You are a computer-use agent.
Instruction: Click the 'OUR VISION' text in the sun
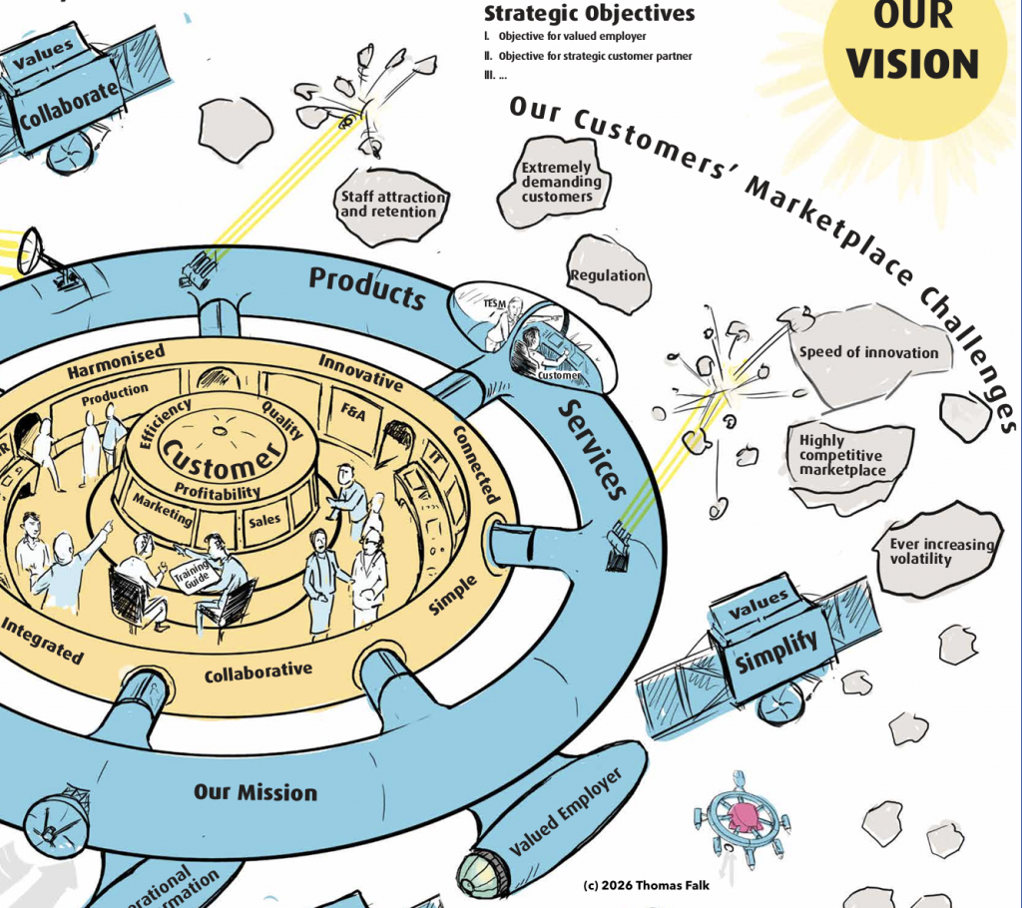pyautogui.click(x=912, y=42)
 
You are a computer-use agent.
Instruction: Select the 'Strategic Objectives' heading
pyautogui.click(x=589, y=14)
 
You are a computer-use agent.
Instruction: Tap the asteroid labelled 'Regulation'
pyautogui.click(x=608, y=275)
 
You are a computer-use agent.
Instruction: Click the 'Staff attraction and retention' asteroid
pyautogui.click(x=390, y=205)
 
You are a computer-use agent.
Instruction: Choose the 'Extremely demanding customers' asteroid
pyautogui.click(x=560, y=182)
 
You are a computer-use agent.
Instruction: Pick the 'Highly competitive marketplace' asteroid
pyautogui.click(x=841, y=455)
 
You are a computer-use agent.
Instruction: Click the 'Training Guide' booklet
pyautogui.click(x=190, y=575)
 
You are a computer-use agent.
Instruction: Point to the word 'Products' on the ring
pyautogui.click(x=366, y=288)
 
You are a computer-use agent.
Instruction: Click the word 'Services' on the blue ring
pyautogui.click(x=592, y=449)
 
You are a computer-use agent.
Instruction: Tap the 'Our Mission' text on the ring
pyautogui.click(x=255, y=792)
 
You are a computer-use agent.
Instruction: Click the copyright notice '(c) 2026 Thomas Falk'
pyautogui.click(x=646, y=885)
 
